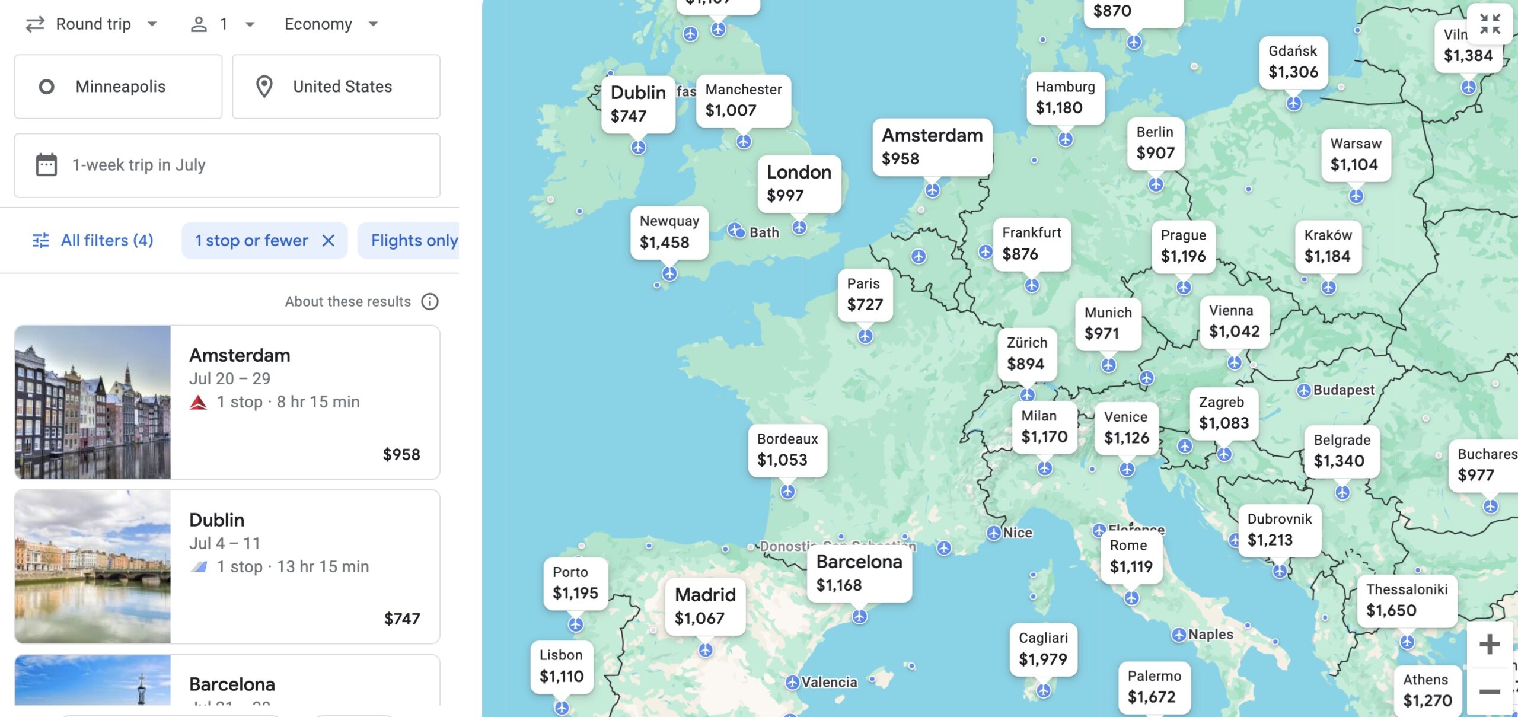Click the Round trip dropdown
coord(92,24)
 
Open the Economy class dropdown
coord(330,24)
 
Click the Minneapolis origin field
coord(119,87)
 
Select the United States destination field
coord(336,87)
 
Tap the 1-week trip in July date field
coord(227,165)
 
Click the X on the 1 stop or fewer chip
coord(328,240)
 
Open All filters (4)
coord(93,240)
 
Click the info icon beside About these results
coord(430,302)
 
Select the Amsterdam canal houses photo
coord(93,402)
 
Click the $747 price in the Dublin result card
coord(401,619)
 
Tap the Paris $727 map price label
coord(865,295)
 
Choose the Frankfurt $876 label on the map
coord(1031,244)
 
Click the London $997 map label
coord(799,184)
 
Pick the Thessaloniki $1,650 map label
coord(1407,600)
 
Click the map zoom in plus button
coord(1489,644)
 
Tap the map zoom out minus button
coord(1489,691)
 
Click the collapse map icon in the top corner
coord(1490,24)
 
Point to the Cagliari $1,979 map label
coord(1043,649)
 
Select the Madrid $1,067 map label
coord(704,606)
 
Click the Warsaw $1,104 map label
coord(1356,154)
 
